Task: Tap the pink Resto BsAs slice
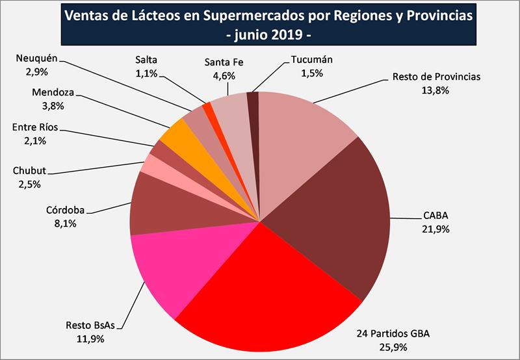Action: [x=169, y=273]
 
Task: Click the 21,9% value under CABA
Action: [x=435, y=229]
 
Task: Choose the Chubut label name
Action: [x=30, y=172]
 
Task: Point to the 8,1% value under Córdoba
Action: [x=62, y=223]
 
